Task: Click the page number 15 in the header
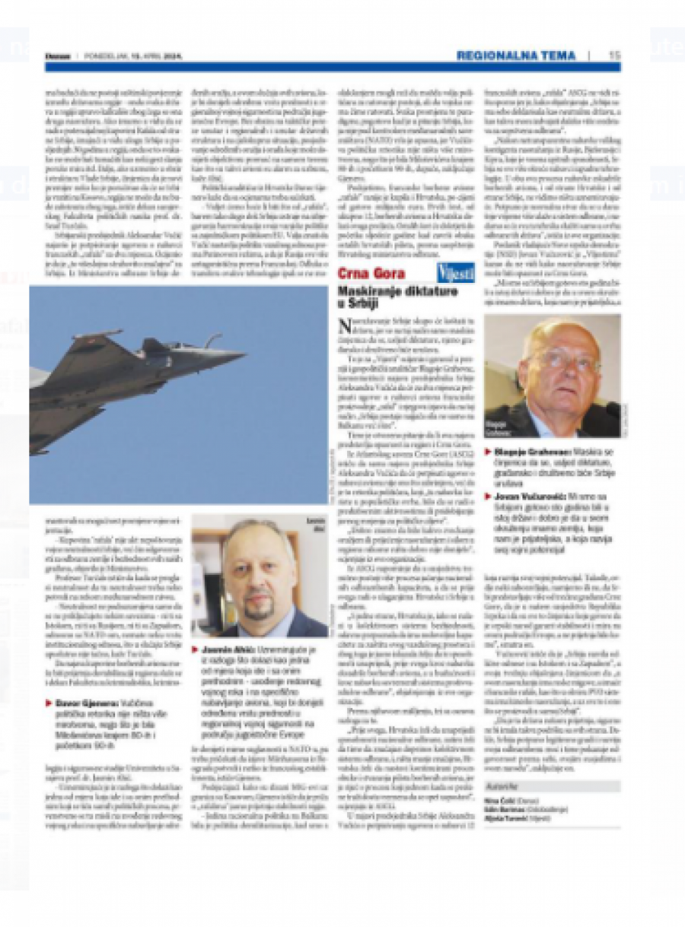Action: [x=614, y=56]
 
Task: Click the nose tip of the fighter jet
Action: [x=244, y=354]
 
